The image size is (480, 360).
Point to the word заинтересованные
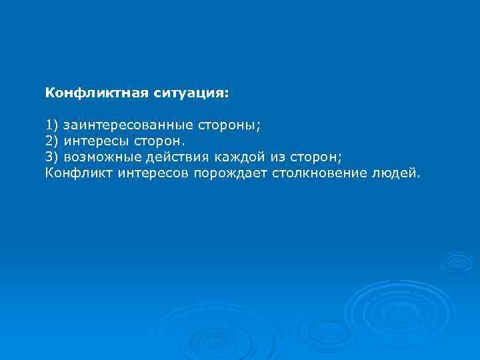126,125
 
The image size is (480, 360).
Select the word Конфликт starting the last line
79,173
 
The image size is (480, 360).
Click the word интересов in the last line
153,173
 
